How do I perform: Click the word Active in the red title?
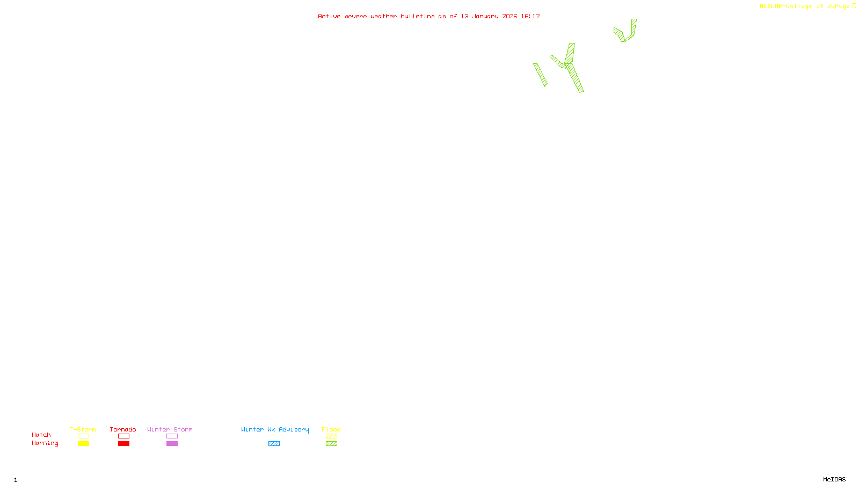point(329,16)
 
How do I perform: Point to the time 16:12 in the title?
point(530,16)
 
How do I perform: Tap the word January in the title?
point(485,16)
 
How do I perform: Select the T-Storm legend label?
point(83,429)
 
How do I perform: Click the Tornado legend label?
point(123,429)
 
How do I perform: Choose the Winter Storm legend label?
point(170,429)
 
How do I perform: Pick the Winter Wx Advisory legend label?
point(275,429)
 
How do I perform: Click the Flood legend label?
point(331,429)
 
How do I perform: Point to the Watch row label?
point(41,435)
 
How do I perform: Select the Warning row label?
point(45,443)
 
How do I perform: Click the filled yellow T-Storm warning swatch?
point(83,444)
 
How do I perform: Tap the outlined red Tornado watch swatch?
point(123,436)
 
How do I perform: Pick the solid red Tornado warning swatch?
point(123,444)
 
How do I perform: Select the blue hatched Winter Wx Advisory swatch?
point(274,444)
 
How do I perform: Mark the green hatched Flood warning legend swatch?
point(331,444)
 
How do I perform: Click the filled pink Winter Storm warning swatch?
point(172,444)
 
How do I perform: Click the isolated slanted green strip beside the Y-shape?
point(540,75)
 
